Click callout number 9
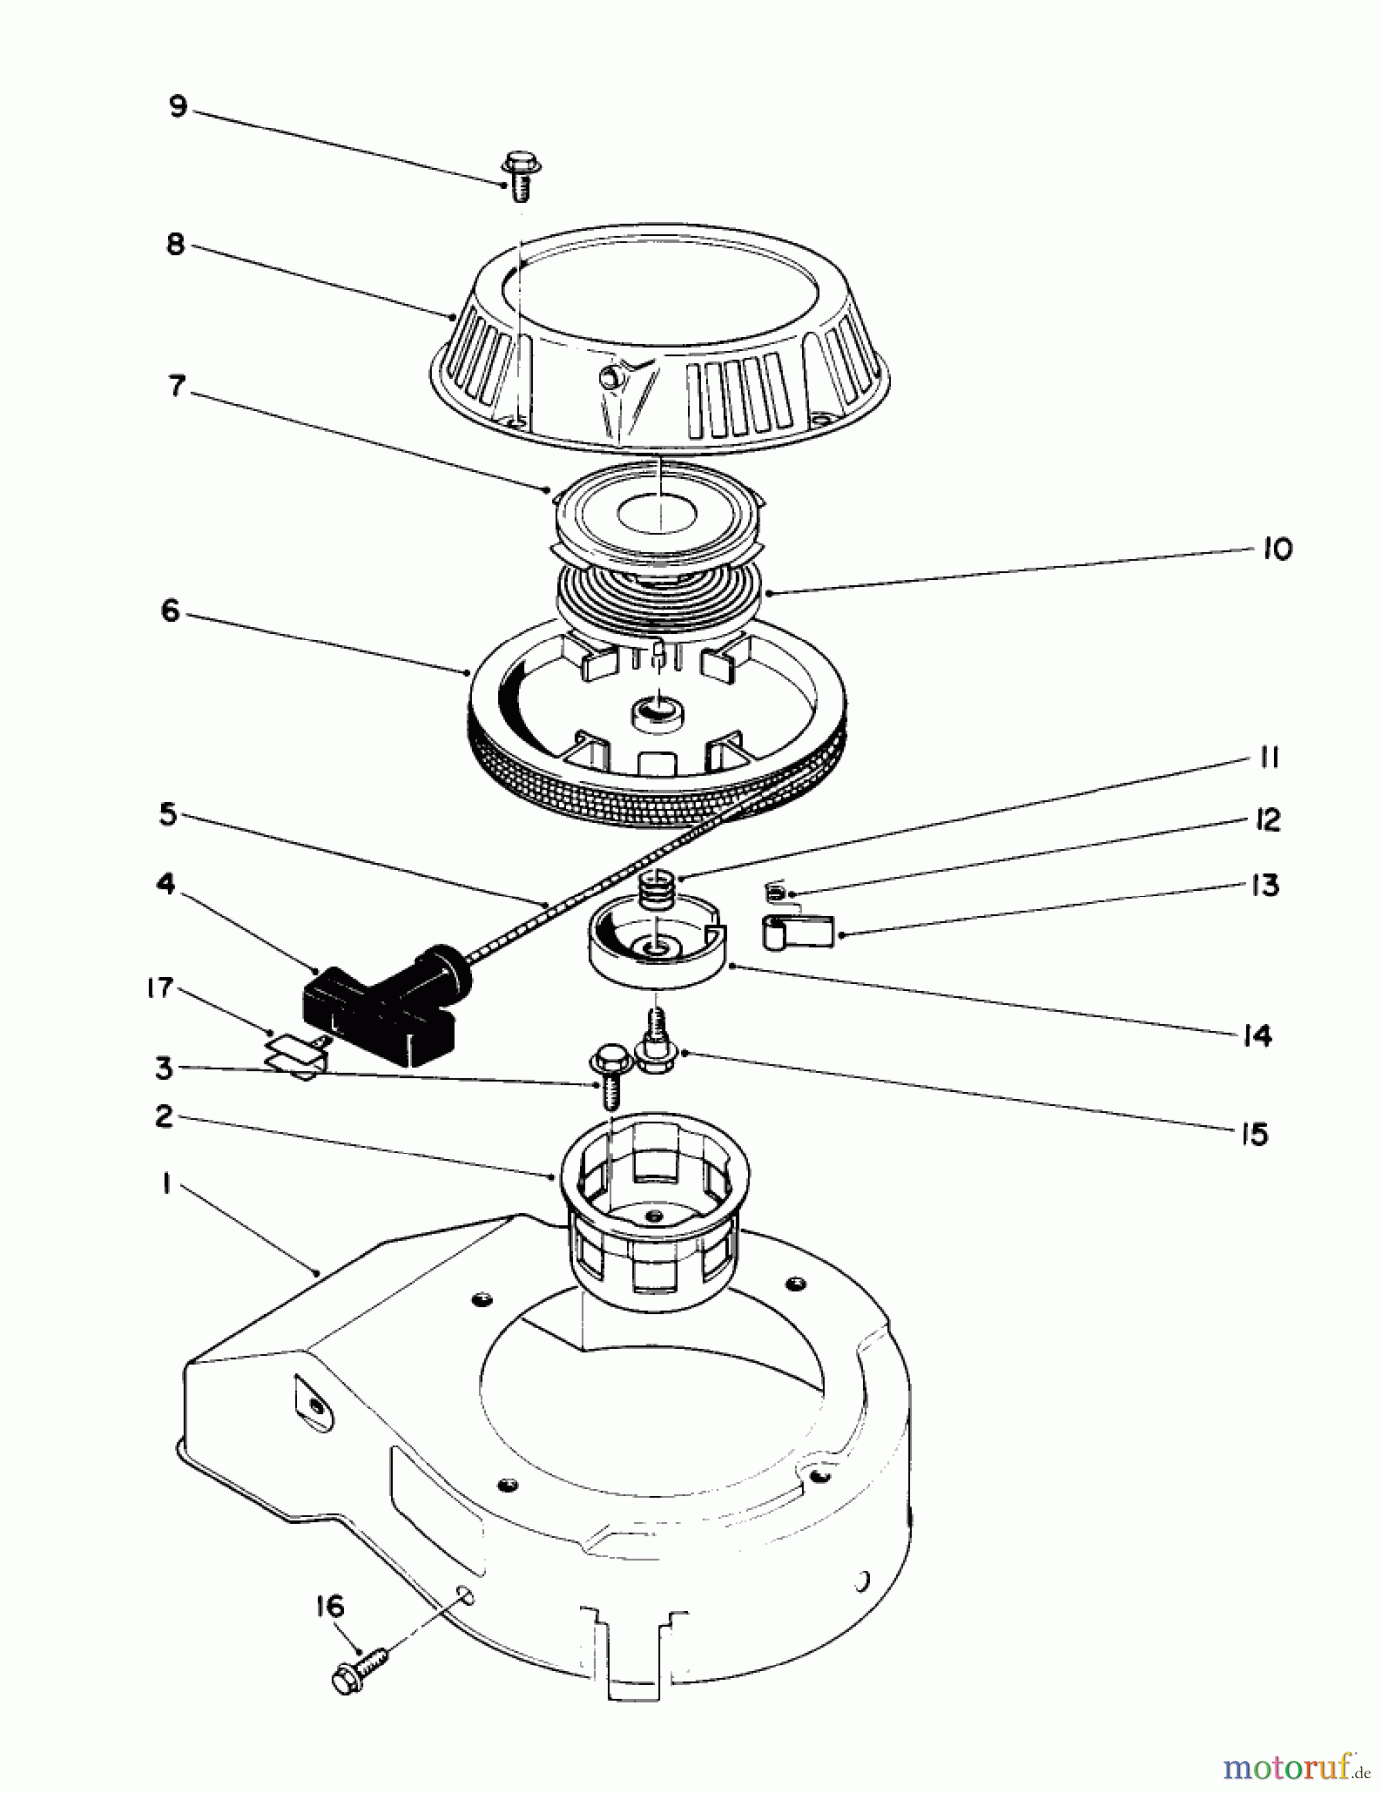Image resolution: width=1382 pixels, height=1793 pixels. coord(178,106)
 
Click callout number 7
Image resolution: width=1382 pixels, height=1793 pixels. coord(178,385)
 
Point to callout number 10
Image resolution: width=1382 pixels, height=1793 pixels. coord(1276,549)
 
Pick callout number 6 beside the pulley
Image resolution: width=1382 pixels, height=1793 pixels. coord(171,610)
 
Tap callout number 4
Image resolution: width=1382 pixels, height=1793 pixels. coord(166,883)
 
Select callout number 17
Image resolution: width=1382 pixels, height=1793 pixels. coord(159,988)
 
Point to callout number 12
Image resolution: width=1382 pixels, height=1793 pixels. coord(1267,820)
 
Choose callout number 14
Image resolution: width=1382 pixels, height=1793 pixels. coord(1257,1036)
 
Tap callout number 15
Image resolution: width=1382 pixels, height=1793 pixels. coord(1254,1134)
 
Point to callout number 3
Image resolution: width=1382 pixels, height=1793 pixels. coord(164,1069)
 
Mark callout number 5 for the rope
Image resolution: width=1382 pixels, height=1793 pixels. coord(168,815)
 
